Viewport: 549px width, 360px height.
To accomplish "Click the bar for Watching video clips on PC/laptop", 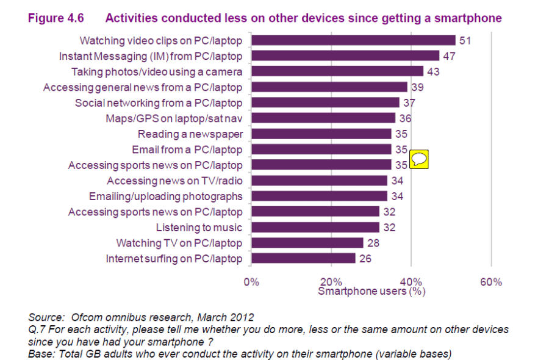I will (x=353, y=40).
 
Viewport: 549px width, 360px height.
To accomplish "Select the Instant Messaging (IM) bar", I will (x=345, y=56).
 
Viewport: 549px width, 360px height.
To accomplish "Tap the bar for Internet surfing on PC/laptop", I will (x=303, y=259).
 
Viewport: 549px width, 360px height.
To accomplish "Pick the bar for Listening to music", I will (x=315, y=228).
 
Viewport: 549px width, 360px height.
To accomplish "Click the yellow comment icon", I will (x=420, y=160).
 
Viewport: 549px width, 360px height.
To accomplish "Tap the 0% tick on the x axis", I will (x=251, y=282).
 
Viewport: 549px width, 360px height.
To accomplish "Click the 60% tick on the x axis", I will (x=491, y=282).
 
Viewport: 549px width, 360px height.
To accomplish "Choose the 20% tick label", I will (x=331, y=282).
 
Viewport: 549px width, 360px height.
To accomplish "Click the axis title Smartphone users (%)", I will (x=371, y=292).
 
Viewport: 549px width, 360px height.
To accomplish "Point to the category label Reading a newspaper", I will (x=190, y=134).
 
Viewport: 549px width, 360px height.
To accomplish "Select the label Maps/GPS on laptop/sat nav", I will (x=174, y=118).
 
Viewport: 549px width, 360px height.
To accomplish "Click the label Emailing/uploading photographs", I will (x=165, y=196).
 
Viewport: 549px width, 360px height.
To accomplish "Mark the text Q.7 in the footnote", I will (x=37, y=329).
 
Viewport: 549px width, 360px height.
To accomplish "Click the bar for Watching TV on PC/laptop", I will (x=307, y=243).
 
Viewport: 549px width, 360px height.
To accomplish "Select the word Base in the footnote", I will (x=40, y=353).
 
